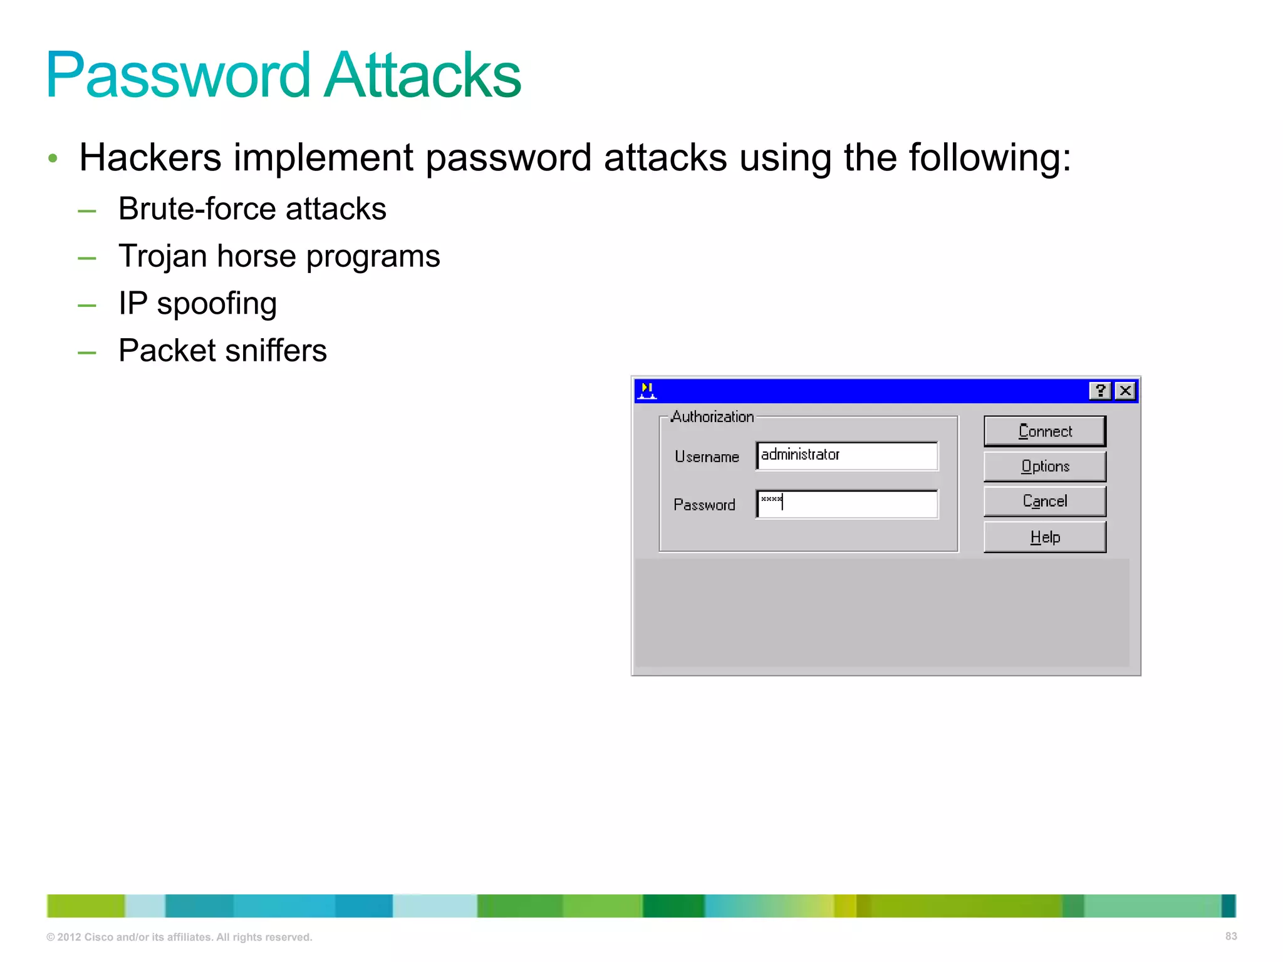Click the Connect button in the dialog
(1044, 431)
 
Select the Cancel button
(1044, 501)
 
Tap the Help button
(1044, 537)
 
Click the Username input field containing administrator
(847, 455)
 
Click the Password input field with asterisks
(847, 504)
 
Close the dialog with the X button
(1125, 391)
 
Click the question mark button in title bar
(1099, 391)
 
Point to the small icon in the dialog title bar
(647, 391)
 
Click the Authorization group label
(712, 417)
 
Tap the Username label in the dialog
(707, 457)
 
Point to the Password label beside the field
(704, 505)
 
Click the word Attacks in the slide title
(423, 75)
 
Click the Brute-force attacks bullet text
(252, 209)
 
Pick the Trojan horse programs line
(279, 256)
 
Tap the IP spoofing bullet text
(197, 304)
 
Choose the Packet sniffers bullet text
(222, 351)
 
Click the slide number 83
(1230, 936)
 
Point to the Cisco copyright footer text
(179, 937)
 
